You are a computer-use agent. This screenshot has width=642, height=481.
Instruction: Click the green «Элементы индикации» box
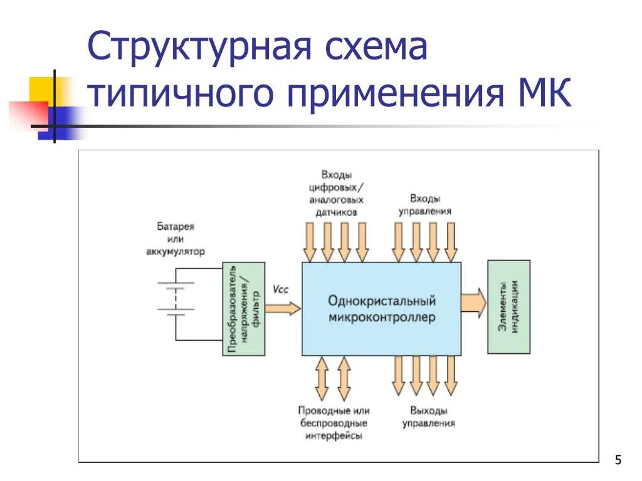pos(508,307)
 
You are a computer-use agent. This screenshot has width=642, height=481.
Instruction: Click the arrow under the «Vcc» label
pos(283,308)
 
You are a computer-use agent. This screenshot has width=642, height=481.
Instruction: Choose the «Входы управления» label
pos(424,205)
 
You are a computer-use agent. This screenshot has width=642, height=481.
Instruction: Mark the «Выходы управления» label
pos(429,417)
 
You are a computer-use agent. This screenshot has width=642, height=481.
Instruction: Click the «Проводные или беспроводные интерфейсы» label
pos(334,423)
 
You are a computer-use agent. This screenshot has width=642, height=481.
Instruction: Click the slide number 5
pos(618,460)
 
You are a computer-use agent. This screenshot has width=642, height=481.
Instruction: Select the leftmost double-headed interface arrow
pos(322,378)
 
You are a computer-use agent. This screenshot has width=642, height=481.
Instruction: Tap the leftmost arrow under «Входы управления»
pos(398,242)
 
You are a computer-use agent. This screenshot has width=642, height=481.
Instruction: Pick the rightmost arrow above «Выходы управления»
pos(451,375)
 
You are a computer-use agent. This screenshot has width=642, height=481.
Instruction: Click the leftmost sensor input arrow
pos(310,242)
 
